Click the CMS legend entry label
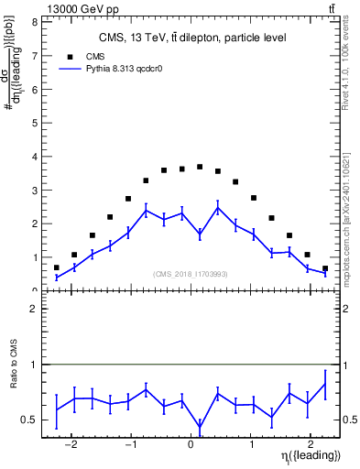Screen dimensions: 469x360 tap(94, 57)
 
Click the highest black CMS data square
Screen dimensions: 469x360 tap(200, 167)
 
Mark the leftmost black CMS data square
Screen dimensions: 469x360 tap(57, 267)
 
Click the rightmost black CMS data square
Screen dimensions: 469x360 tap(325, 268)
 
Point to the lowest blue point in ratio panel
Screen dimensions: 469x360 tap(200, 427)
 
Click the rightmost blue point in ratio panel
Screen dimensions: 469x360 tap(325, 383)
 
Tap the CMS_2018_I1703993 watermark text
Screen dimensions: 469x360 tap(190, 274)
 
